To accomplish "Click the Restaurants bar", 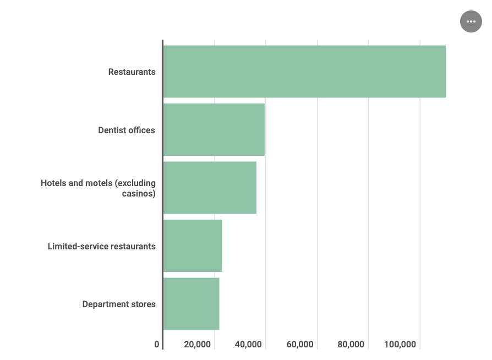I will [x=304, y=72].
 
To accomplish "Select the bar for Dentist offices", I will [x=214, y=130].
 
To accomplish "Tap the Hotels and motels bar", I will [x=210, y=188].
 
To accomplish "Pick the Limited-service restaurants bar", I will [x=193, y=246].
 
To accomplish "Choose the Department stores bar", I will [x=191, y=304].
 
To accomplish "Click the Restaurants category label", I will [x=132, y=72].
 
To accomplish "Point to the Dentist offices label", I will [x=127, y=130].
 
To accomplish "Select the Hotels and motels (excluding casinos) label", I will [x=99, y=188].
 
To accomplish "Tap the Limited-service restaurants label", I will [x=102, y=246].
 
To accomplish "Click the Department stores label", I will [x=119, y=304].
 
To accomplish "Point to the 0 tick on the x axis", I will [x=157, y=345].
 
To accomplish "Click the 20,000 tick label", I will [x=198, y=345].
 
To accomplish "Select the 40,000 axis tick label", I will [x=249, y=345].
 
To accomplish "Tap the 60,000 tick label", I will [x=300, y=345].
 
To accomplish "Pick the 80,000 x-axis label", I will [x=351, y=345].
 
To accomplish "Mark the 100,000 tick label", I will [x=400, y=345].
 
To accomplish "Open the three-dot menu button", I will [x=471, y=21].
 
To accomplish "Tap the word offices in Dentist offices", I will [x=142, y=130].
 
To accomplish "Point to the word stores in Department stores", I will [x=143, y=304].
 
